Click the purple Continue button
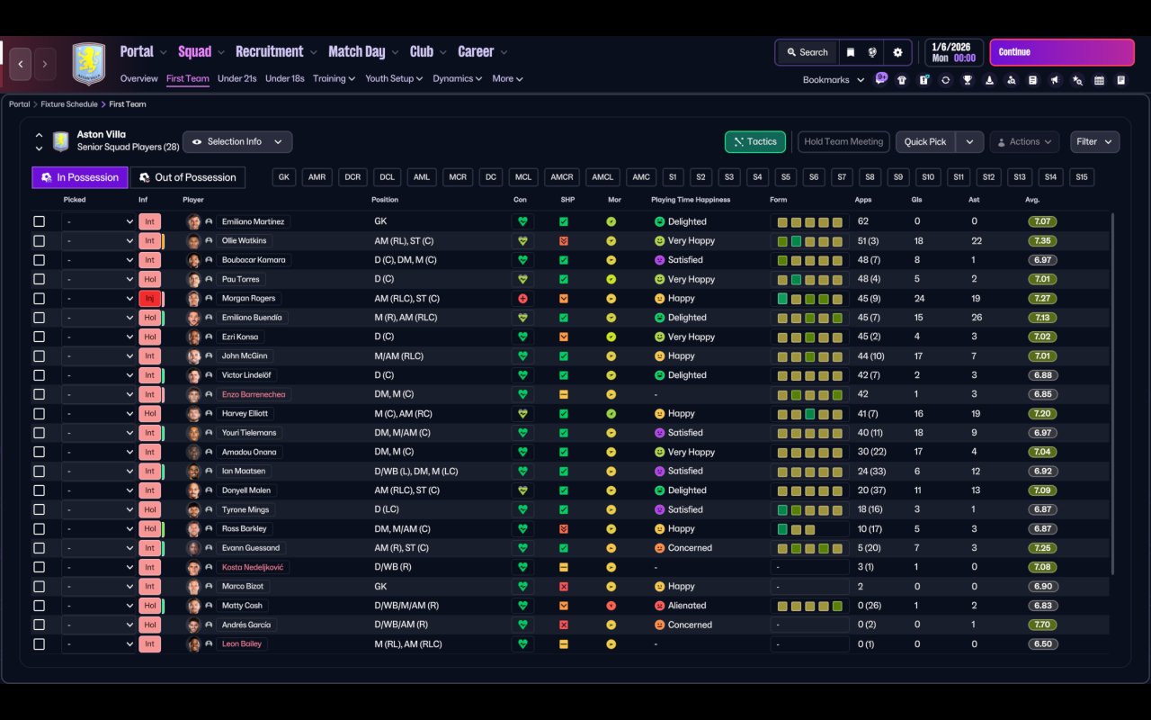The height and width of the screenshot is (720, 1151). (1062, 52)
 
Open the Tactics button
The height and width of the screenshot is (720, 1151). (754, 142)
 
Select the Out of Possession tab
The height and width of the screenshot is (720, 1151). (188, 177)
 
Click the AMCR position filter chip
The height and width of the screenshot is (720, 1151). (562, 177)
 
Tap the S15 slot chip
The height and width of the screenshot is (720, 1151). (1082, 177)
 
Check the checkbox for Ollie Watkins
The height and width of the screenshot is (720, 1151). (39, 240)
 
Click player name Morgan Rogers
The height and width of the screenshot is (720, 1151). (248, 298)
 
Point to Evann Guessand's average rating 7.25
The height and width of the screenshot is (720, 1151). (1042, 548)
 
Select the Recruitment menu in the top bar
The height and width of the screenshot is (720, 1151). (269, 52)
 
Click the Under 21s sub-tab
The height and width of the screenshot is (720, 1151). (236, 78)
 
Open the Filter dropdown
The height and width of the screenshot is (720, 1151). (1094, 142)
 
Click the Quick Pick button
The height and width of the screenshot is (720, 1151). (925, 142)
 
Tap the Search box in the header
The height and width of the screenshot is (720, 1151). (807, 52)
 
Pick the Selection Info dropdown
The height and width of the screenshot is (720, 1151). (237, 142)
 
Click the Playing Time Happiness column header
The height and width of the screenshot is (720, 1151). (690, 200)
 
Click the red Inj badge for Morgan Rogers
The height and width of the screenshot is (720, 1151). (149, 298)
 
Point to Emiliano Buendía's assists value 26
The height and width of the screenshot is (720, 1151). (977, 318)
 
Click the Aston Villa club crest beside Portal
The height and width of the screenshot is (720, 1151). (89, 64)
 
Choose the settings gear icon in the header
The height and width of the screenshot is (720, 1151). (897, 52)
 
